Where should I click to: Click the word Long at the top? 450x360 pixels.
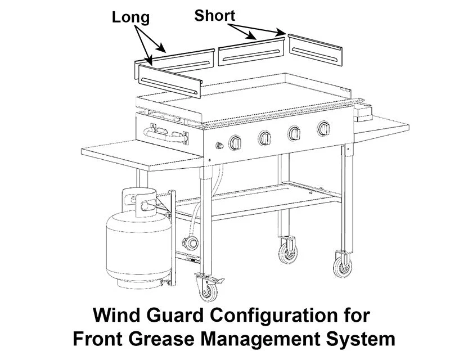130,17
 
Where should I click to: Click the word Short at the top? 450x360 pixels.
214,15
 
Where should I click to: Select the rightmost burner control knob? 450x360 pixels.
324,129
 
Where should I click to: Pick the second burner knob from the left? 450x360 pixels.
264,138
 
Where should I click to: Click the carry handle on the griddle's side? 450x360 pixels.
165,135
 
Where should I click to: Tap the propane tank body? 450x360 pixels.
138,247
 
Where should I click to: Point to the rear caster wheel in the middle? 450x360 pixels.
288,251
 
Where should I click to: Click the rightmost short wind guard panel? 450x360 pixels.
315,49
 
